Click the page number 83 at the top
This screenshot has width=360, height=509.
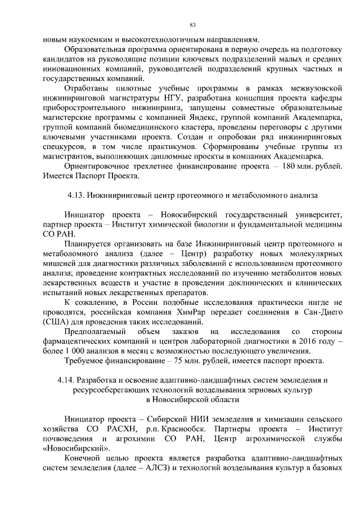[x=192, y=25]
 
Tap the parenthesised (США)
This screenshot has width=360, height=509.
[x=55, y=322]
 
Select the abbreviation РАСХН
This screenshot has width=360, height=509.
[x=119, y=429]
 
